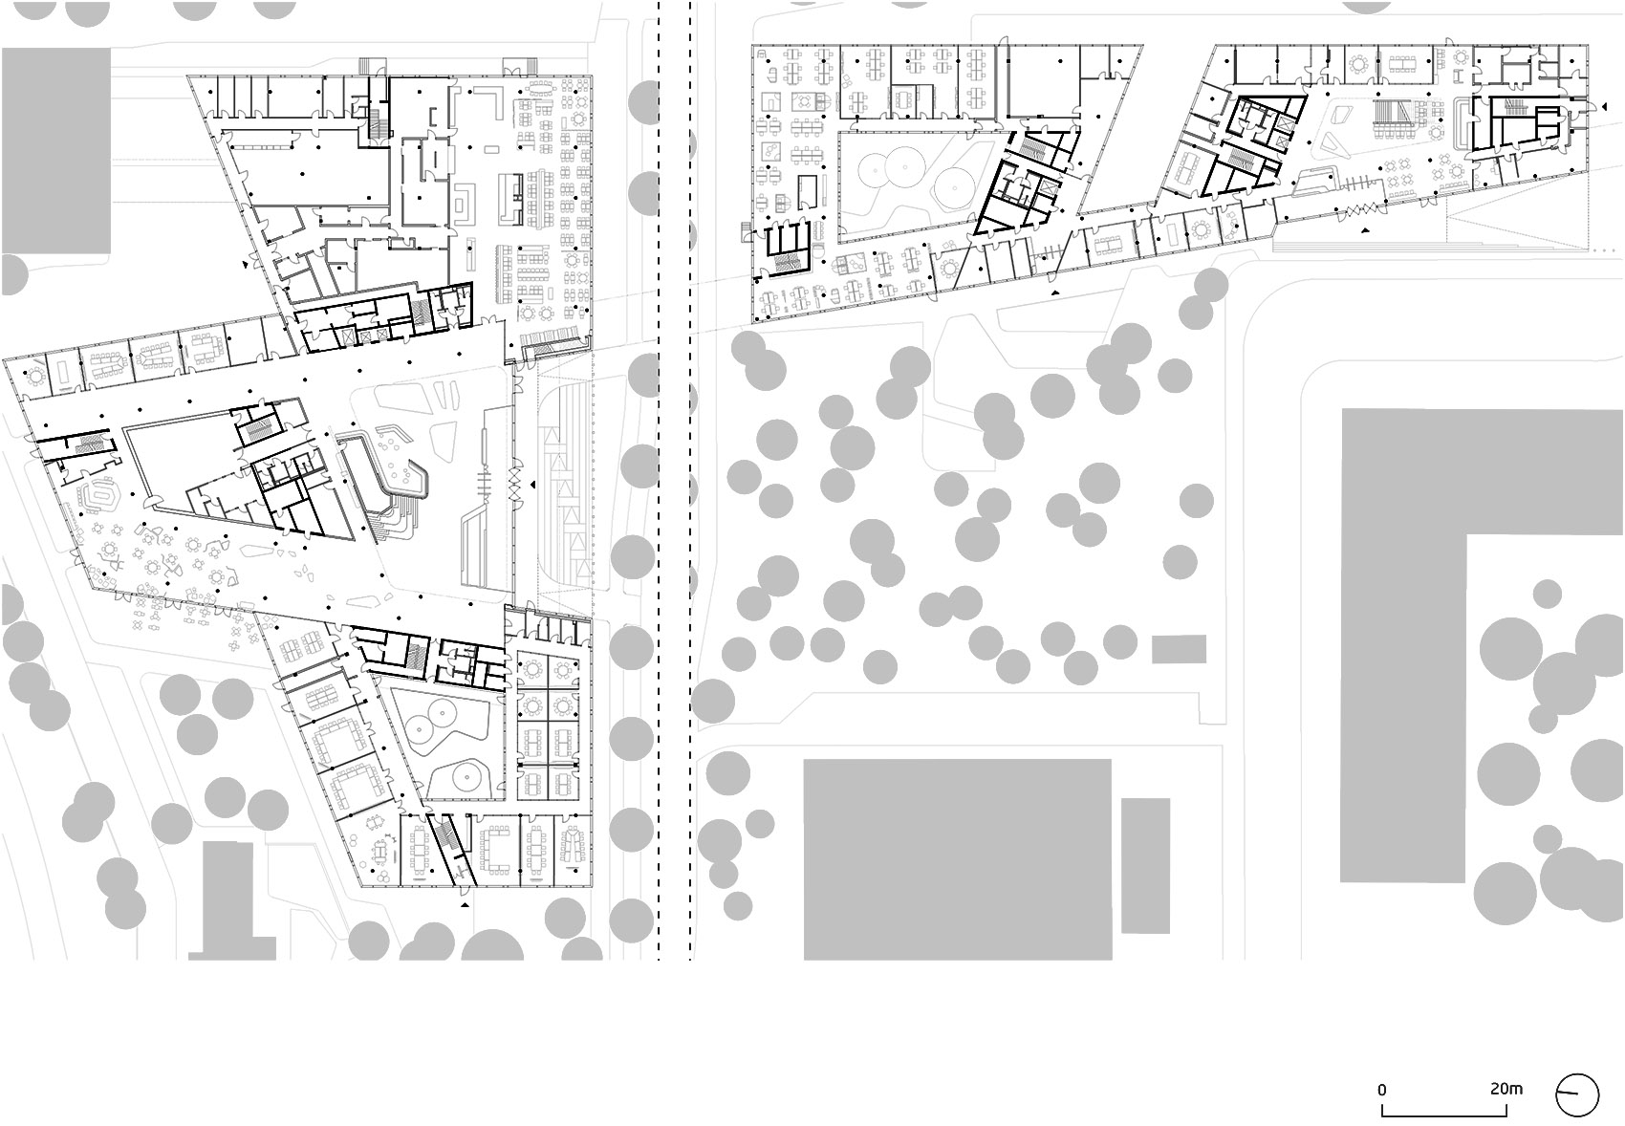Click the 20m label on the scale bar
[1506, 1089]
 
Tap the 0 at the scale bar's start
[1381, 1090]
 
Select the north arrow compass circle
[1577, 1095]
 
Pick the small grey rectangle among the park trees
[1179, 649]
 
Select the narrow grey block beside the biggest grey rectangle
[1145, 866]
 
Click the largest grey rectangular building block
[958, 859]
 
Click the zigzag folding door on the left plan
[515, 484]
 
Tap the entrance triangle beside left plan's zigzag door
[532, 484]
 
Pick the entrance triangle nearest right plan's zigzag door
[1366, 230]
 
